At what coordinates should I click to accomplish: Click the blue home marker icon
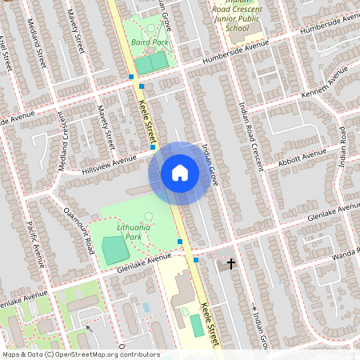point(180,173)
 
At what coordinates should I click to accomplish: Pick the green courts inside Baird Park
point(151,62)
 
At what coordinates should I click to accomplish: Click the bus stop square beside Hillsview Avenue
point(152,147)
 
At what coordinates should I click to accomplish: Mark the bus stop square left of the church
point(196,259)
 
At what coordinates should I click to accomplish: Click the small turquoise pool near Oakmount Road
point(146,306)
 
